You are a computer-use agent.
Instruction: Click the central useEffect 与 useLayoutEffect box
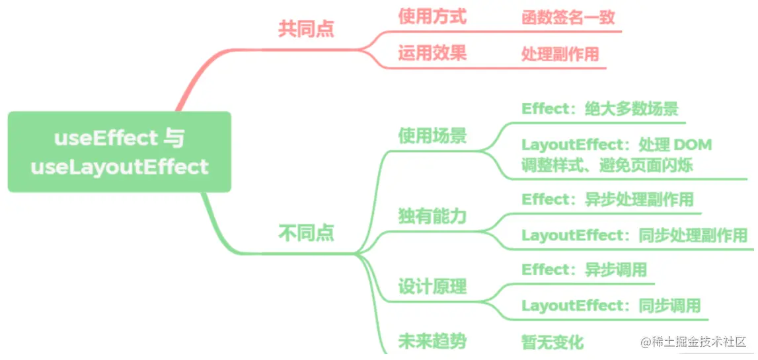pyautogui.click(x=119, y=152)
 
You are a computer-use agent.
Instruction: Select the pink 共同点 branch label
pyautogui.click(x=306, y=29)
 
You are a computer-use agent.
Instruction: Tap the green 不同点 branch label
pyautogui.click(x=306, y=233)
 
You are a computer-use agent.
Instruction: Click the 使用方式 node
pyautogui.click(x=432, y=17)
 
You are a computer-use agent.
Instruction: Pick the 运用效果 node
pyautogui.click(x=432, y=53)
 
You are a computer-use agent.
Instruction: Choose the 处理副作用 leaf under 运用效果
pyautogui.click(x=560, y=54)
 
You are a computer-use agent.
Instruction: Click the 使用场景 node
pyautogui.click(x=432, y=135)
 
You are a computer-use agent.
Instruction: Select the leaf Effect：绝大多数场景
pyautogui.click(x=599, y=109)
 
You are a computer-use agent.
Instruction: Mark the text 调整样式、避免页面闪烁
pyautogui.click(x=607, y=165)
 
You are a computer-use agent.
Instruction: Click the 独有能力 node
pyautogui.click(x=432, y=216)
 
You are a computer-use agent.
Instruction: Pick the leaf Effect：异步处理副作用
pyautogui.click(x=607, y=199)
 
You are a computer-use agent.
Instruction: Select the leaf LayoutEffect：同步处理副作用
pyautogui.click(x=634, y=235)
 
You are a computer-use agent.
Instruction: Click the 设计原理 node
pyautogui.click(x=432, y=287)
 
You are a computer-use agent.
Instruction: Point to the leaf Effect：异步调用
pyautogui.click(x=584, y=270)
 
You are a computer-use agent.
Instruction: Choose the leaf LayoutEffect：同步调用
pyautogui.click(x=610, y=306)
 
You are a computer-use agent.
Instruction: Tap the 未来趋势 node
pyautogui.click(x=432, y=341)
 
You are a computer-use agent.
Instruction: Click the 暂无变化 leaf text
pyautogui.click(x=552, y=342)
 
